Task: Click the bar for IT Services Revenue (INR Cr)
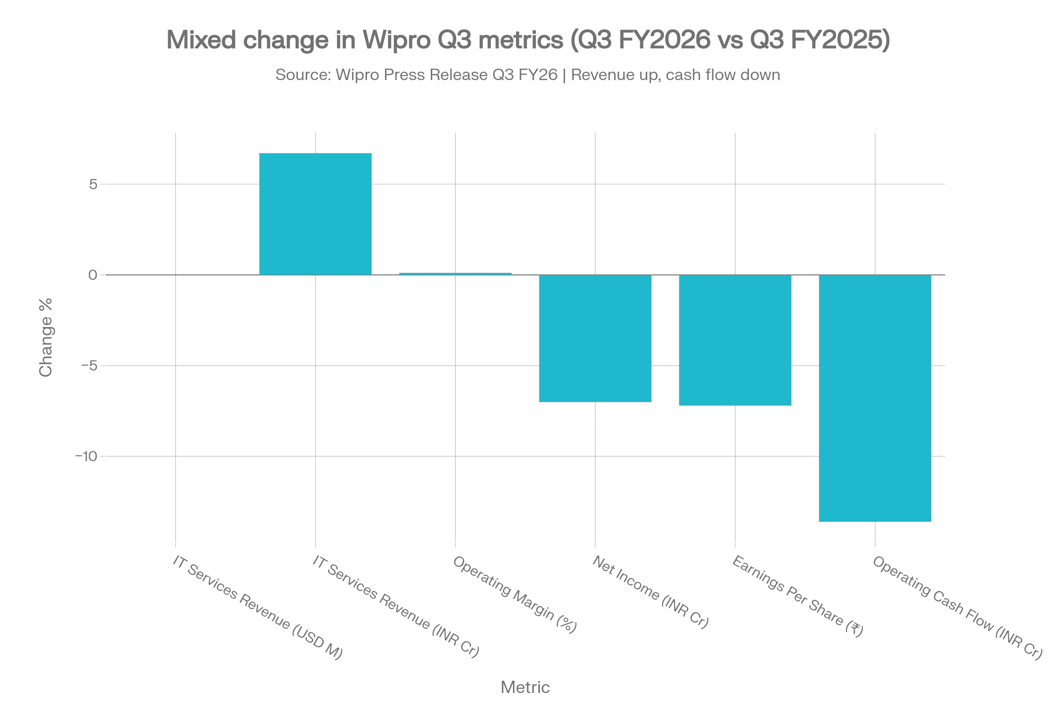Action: tap(315, 214)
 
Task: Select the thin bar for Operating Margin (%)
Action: tap(455, 273)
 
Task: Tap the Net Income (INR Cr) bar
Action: tap(595, 338)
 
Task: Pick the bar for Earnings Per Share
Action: tap(735, 340)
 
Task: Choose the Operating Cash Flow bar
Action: tap(875, 398)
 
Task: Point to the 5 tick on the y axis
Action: tap(93, 184)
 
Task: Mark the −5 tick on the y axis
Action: tap(90, 366)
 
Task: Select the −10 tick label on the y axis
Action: tap(87, 457)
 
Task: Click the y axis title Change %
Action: tap(46, 337)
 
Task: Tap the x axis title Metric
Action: tap(525, 687)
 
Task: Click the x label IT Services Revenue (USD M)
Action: tap(257, 608)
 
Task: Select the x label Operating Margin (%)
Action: tap(514, 594)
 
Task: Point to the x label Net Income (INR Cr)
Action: tap(650, 592)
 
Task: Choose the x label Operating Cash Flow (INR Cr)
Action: tap(956, 608)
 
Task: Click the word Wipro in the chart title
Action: tap(392, 40)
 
